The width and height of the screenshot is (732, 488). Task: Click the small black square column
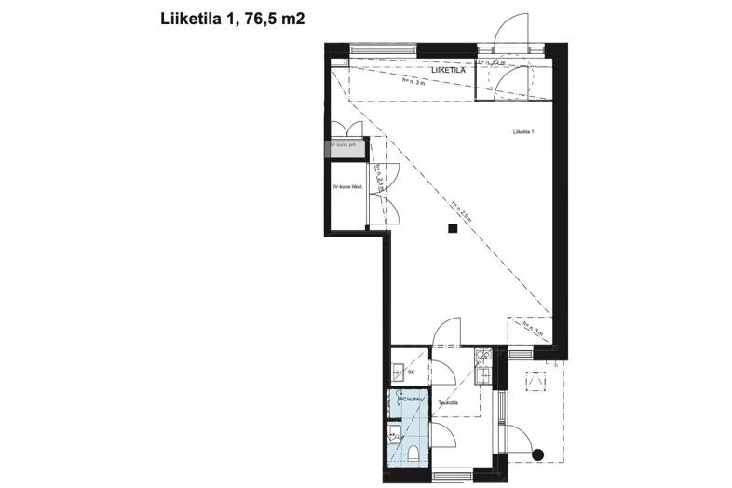pyautogui.click(x=452, y=228)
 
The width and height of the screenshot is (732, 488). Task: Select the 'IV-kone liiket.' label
pyautogui.click(x=346, y=187)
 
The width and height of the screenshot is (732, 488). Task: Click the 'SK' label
pyautogui.click(x=411, y=373)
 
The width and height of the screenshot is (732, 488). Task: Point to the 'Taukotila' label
pyautogui.click(x=451, y=402)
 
